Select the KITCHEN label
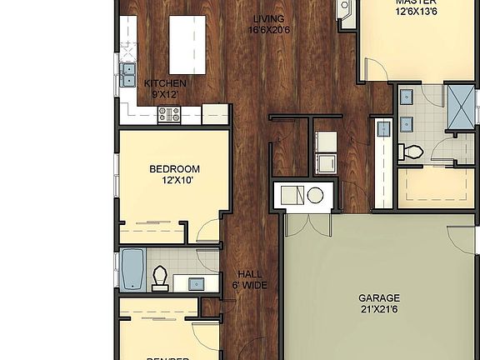[165, 83]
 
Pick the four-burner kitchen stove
[169, 116]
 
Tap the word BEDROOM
[174, 169]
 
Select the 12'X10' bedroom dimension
[174, 181]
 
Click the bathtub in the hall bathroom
[133, 268]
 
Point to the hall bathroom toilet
[161, 278]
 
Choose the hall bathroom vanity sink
[197, 283]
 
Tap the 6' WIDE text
[249, 285]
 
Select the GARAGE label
[379, 297]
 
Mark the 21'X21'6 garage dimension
[379, 309]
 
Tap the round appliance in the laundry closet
[315, 196]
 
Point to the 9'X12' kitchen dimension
[165, 95]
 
